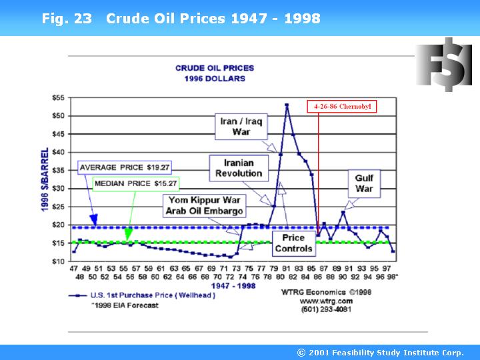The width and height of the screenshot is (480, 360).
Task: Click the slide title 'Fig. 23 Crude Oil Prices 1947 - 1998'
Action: [181, 18]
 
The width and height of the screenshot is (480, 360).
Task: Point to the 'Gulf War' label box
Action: [364, 183]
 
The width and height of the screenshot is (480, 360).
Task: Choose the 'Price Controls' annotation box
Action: [293, 243]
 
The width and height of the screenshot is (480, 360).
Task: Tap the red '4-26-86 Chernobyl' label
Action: [342, 106]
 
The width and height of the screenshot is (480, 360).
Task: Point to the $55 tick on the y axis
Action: [59, 98]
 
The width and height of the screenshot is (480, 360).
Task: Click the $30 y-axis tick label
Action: [59, 189]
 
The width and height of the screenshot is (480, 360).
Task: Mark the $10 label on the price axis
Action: [59, 261]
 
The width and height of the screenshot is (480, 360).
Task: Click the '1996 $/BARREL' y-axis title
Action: [44, 180]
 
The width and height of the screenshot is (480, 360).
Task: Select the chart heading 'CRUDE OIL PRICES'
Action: [210, 68]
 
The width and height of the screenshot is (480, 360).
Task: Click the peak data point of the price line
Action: [287, 105]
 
